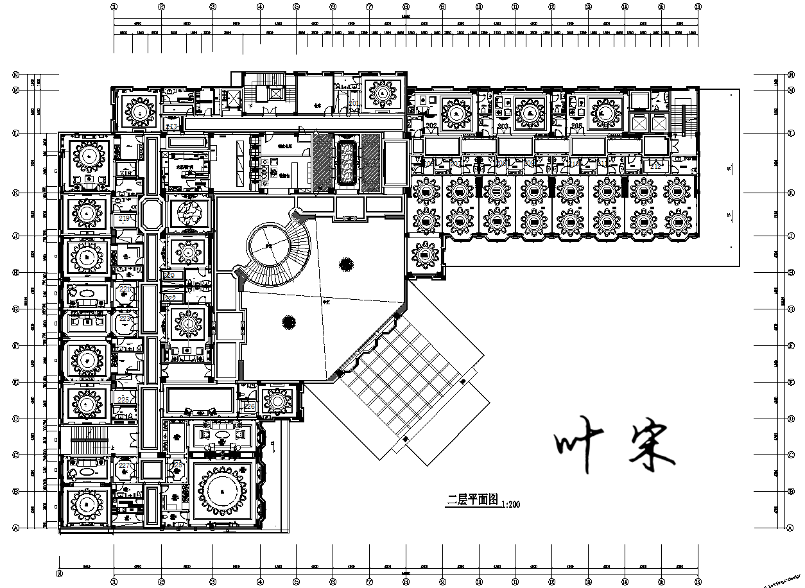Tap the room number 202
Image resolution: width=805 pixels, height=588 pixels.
[431, 126]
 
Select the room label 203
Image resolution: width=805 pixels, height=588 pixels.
[503, 126]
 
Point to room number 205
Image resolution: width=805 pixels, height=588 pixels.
[576, 126]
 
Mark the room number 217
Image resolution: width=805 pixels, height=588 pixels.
[171, 126]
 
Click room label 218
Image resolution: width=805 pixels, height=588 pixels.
[126, 173]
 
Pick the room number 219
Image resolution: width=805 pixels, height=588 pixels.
[125, 219]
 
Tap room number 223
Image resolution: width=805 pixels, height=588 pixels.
[125, 318]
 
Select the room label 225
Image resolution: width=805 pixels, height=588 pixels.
[124, 399]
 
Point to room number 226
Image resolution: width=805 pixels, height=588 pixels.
[250, 406]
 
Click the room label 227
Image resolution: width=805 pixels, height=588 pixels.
[125, 465]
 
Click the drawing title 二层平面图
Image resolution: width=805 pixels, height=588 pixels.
[472, 501]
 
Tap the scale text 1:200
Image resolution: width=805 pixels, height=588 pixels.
[511, 505]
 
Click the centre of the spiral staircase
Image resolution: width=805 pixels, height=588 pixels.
[268, 246]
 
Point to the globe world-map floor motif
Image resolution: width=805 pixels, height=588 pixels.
[188, 212]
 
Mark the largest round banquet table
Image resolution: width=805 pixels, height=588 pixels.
[221, 492]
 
